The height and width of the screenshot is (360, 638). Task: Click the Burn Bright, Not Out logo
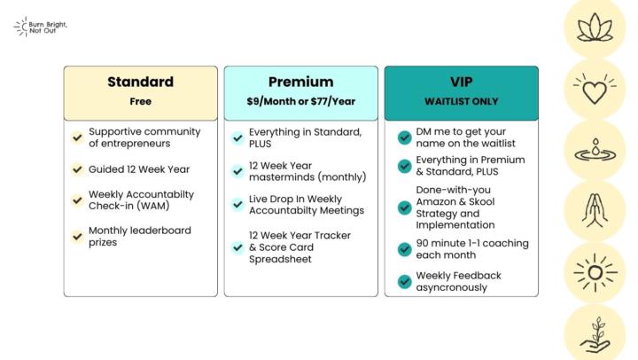pyautogui.click(x=41, y=27)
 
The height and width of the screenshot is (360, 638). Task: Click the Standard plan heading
pyautogui.click(x=140, y=82)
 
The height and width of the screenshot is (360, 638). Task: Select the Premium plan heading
pyautogui.click(x=300, y=82)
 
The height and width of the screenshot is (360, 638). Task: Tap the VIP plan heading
pyautogui.click(x=461, y=82)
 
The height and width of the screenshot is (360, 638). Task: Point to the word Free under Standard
pyautogui.click(x=140, y=101)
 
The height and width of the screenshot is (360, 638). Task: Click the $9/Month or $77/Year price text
pyautogui.click(x=300, y=101)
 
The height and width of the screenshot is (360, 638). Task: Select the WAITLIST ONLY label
pyautogui.click(x=461, y=101)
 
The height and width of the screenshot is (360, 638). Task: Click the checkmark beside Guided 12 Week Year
pyautogui.click(x=78, y=168)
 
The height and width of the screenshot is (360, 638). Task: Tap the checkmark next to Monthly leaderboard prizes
pyautogui.click(x=78, y=236)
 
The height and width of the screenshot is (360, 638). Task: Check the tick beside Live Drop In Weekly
pyautogui.click(x=237, y=205)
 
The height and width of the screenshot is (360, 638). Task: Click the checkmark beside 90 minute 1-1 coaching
pyautogui.click(x=404, y=249)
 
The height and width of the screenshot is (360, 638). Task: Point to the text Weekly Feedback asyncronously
pyautogui.click(x=459, y=281)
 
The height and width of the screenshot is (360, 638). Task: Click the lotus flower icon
pyautogui.click(x=595, y=27)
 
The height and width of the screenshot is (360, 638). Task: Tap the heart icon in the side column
pyautogui.click(x=595, y=89)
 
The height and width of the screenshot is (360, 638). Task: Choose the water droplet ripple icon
pyautogui.click(x=595, y=150)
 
